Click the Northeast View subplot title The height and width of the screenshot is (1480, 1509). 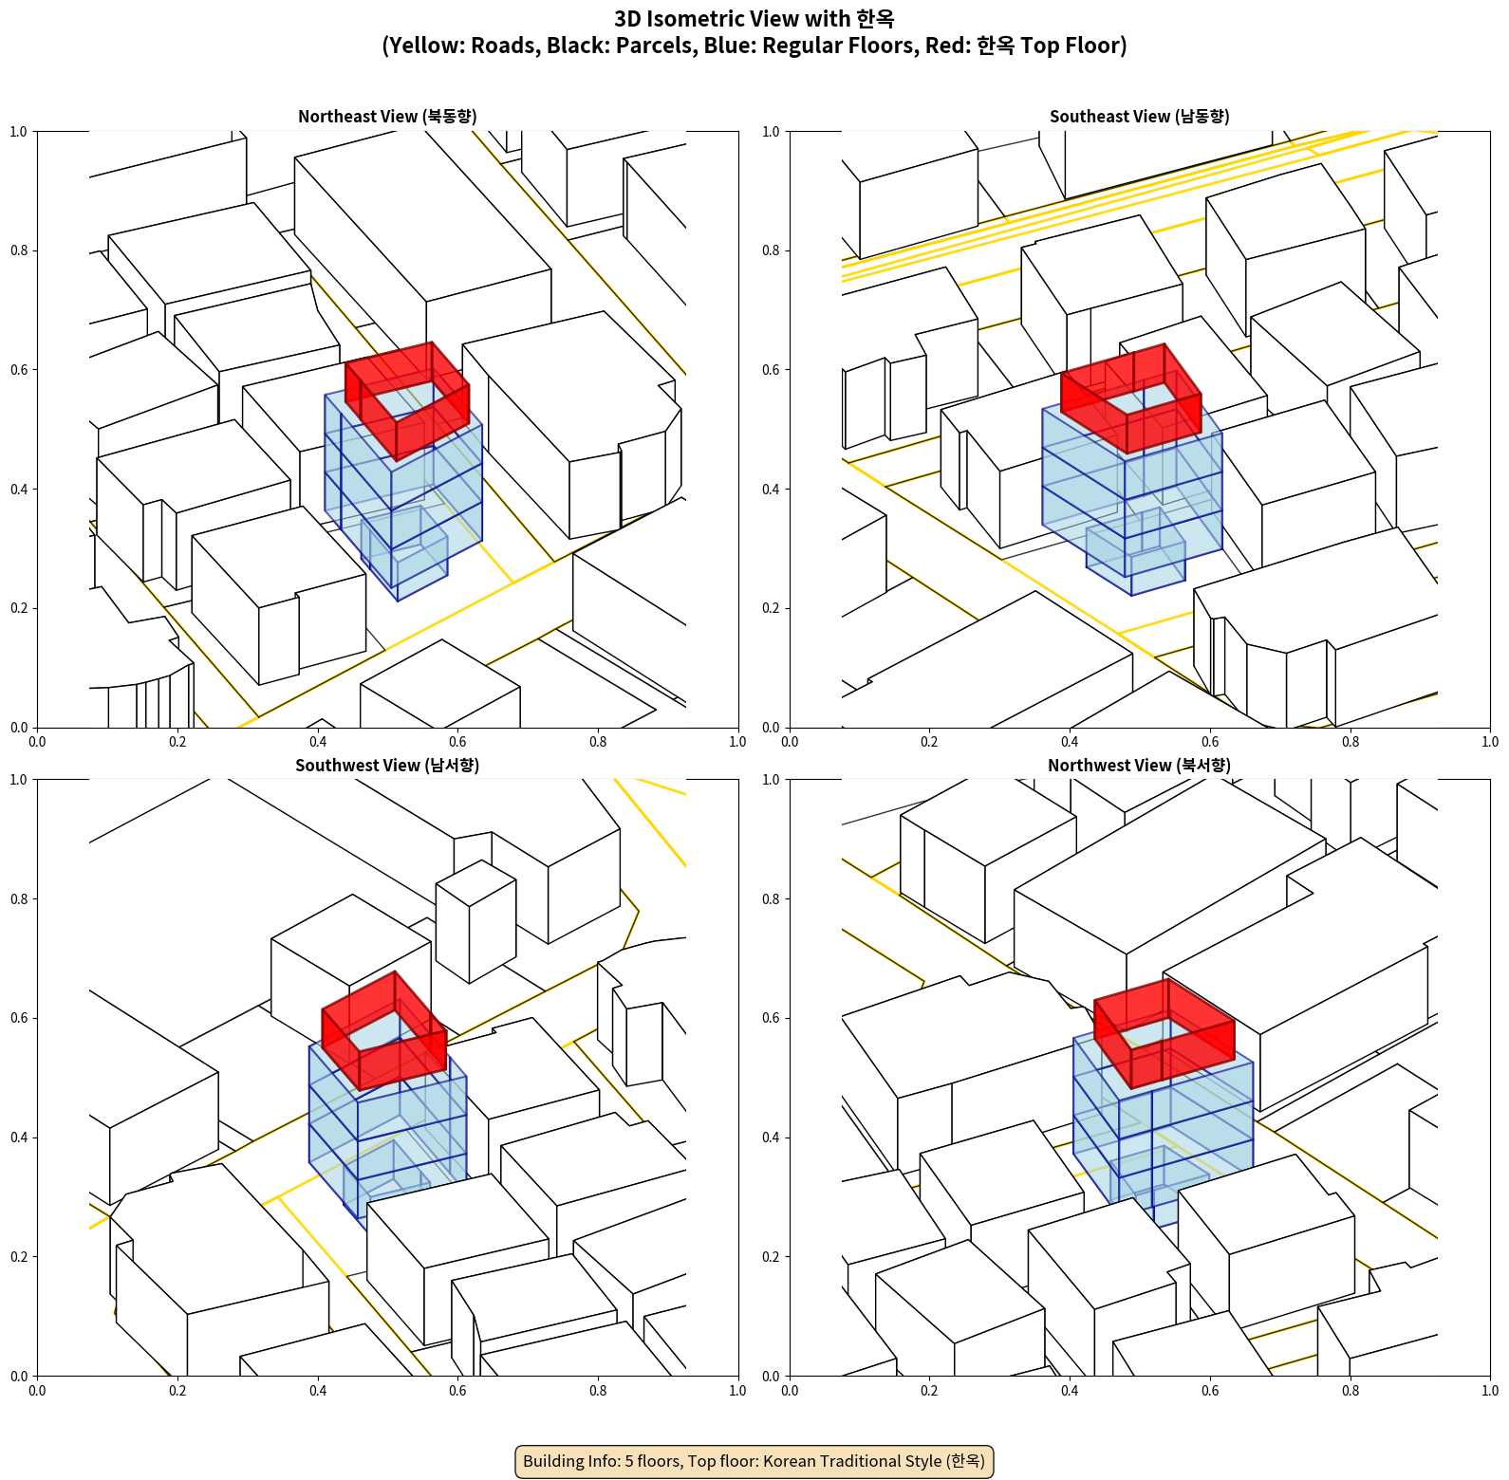point(387,116)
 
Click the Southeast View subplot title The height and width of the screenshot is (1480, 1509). point(1139,116)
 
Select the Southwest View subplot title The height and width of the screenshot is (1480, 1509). point(387,765)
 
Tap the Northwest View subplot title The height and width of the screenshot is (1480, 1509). point(1139,765)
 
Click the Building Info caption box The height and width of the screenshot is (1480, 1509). point(754,1461)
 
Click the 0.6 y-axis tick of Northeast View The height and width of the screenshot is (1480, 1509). point(19,370)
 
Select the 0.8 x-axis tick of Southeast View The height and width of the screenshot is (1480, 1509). point(1350,742)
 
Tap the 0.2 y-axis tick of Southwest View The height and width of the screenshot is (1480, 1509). point(19,1257)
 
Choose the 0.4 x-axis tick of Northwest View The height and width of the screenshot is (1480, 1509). point(1070,1391)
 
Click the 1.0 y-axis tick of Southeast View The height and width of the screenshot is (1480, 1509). point(771,132)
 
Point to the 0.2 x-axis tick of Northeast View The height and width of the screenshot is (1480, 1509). point(177,742)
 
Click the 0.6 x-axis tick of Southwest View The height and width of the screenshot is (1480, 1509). point(457,1391)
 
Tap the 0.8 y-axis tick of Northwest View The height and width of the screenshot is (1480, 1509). point(771,899)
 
